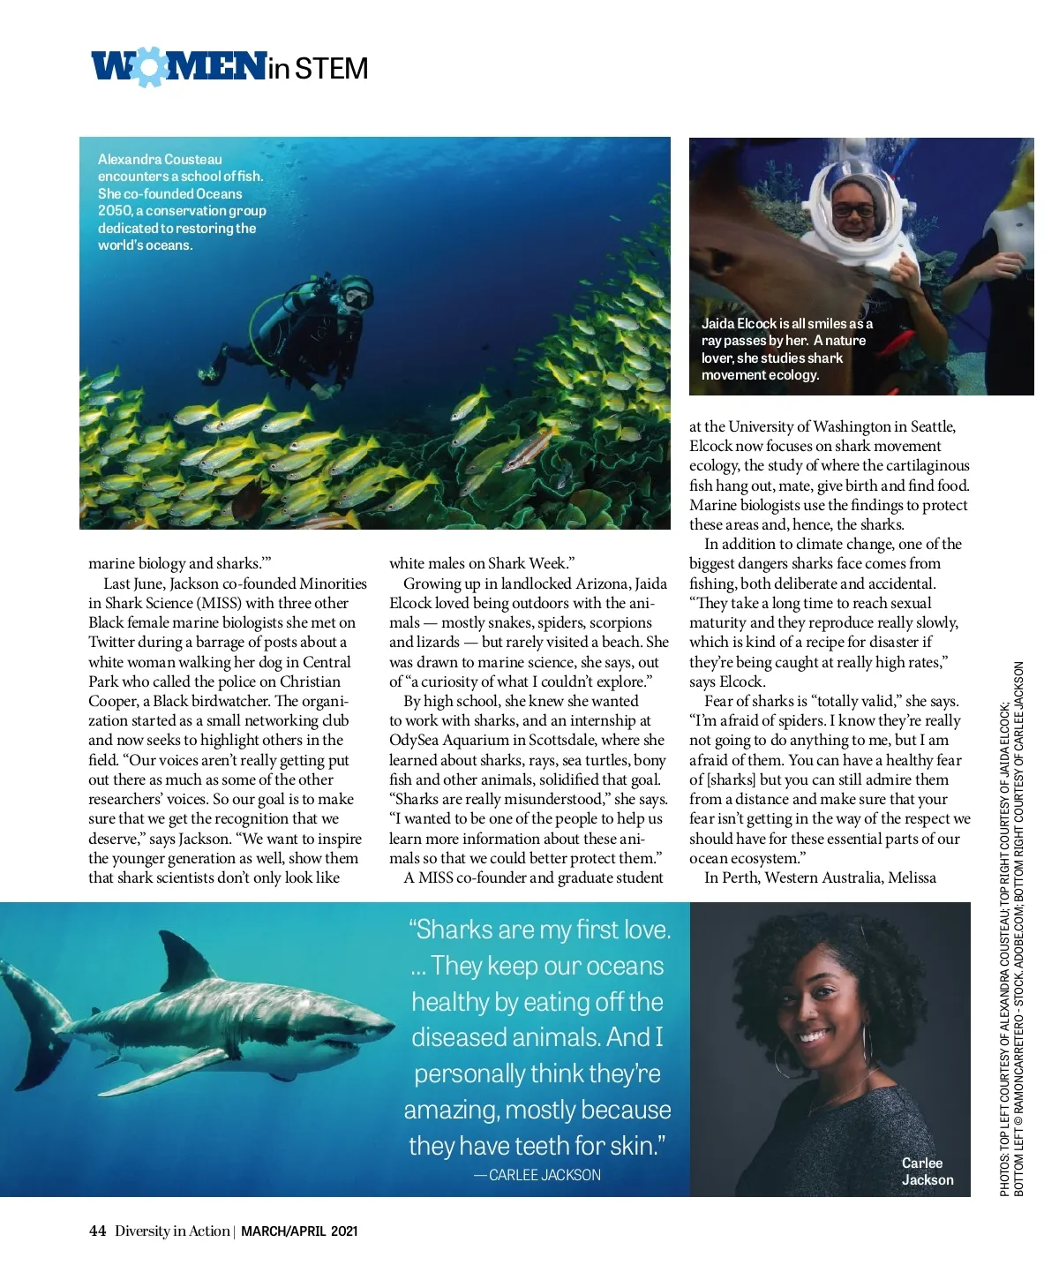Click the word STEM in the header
tap(331, 69)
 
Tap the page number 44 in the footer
tap(97, 1231)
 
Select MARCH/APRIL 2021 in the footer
tap(299, 1231)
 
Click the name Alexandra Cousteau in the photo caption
tap(160, 160)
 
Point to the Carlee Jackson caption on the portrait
tap(927, 1171)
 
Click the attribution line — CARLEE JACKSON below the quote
tap(537, 1175)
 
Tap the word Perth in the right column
tap(741, 877)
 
